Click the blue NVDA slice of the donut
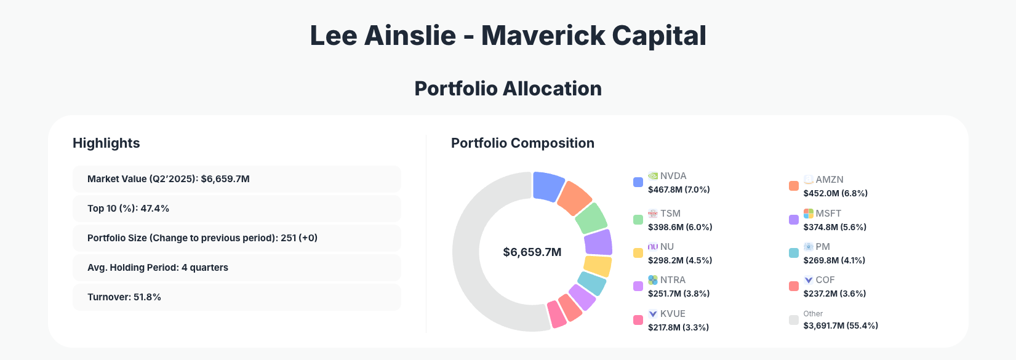pyautogui.click(x=548, y=186)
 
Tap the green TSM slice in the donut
pyautogui.click(x=591, y=218)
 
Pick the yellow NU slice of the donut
pyautogui.click(x=597, y=266)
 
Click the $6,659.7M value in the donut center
pyautogui.click(x=532, y=252)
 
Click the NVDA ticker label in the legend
pyautogui.click(x=673, y=176)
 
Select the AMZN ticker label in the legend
pyautogui.click(x=830, y=180)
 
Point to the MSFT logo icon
pyautogui.click(x=809, y=214)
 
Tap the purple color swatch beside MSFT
pyautogui.click(x=794, y=220)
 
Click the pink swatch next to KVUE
pyautogui.click(x=638, y=320)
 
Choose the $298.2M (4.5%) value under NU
pyautogui.click(x=680, y=260)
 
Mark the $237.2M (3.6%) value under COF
pyautogui.click(x=834, y=294)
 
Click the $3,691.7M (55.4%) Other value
pyautogui.click(x=841, y=326)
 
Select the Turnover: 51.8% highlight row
pyautogui.click(x=237, y=297)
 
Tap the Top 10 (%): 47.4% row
pyautogui.click(x=237, y=209)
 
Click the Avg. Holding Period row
pyautogui.click(x=237, y=268)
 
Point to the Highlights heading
pyautogui.click(x=106, y=143)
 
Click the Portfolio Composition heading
pyautogui.click(x=522, y=143)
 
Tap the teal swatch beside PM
pyautogui.click(x=794, y=253)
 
